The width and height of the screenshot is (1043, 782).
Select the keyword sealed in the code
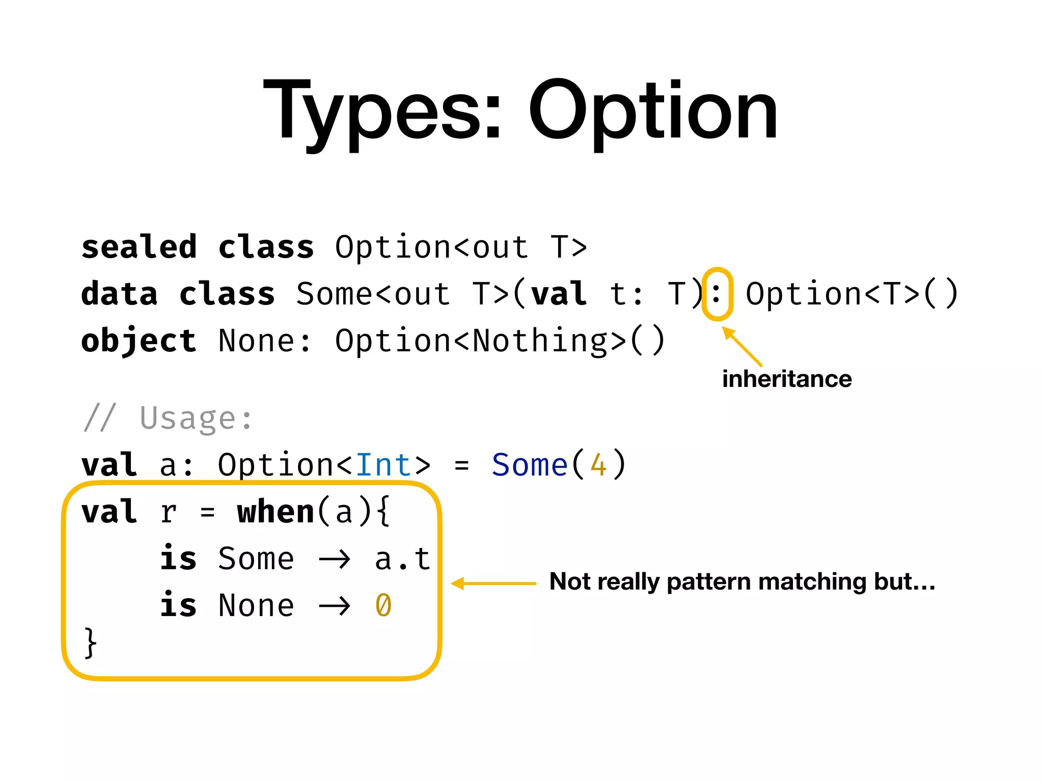pyautogui.click(x=139, y=247)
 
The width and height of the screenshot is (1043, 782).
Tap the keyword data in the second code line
pyautogui.click(x=119, y=294)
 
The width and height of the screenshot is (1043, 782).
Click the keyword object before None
pyautogui.click(x=139, y=341)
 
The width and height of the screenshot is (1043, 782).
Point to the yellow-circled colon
pyautogui.click(x=717, y=294)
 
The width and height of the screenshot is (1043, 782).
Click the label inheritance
pyautogui.click(x=786, y=379)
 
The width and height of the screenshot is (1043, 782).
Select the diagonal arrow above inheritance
pyautogui.click(x=743, y=346)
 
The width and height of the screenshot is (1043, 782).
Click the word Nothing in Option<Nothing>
pyautogui.click(x=540, y=341)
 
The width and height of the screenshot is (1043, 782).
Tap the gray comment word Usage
pyautogui.click(x=187, y=418)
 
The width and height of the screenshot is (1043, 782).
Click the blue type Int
pyautogui.click(x=383, y=465)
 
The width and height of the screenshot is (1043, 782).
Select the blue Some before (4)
pyautogui.click(x=530, y=465)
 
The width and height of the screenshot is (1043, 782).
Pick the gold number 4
pyautogui.click(x=598, y=465)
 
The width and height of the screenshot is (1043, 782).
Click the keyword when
pyautogui.click(x=276, y=512)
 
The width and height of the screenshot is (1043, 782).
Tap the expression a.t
pyautogui.click(x=402, y=559)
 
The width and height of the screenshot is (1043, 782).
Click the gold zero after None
pyautogui.click(x=383, y=606)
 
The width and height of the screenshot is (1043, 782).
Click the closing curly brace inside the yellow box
pyautogui.click(x=90, y=644)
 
